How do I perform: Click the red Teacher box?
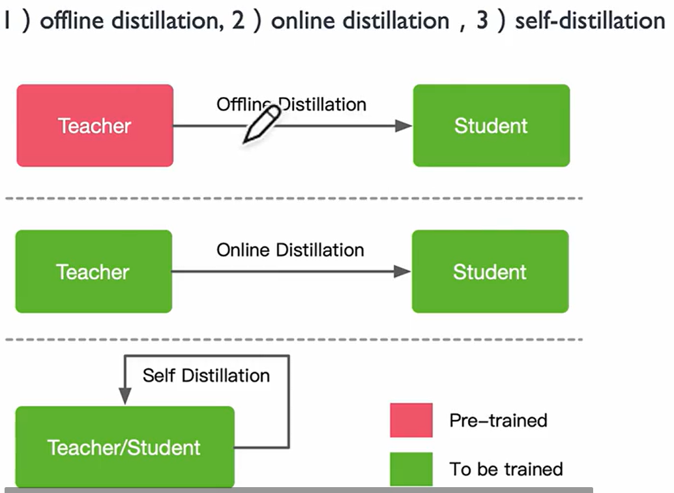pyautogui.click(x=95, y=125)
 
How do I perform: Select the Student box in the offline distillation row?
pyautogui.click(x=491, y=125)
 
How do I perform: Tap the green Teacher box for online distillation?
pyautogui.click(x=94, y=271)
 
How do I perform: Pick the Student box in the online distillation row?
pyautogui.click(x=490, y=271)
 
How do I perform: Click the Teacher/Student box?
pyautogui.click(x=124, y=447)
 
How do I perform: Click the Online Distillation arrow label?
pyautogui.click(x=290, y=250)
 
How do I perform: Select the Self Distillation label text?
pyautogui.click(x=206, y=376)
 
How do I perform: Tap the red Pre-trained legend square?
pyautogui.click(x=411, y=420)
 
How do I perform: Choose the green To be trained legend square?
pyautogui.click(x=411, y=469)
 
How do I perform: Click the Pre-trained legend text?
pyautogui.click(x=498, y=420)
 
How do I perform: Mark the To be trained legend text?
pyautogui.click(x=506, y=469)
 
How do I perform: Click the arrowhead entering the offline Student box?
pyautogui.click(x=403, y=126)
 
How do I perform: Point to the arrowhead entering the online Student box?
pyautogui.click(x=402, y=272)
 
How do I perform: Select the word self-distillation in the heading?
pyautogui.click(x=589, y=21)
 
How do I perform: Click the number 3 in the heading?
pyautogui.click(x=482, y=21)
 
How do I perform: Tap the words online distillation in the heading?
pyautogui.click(x=360, y=21)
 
